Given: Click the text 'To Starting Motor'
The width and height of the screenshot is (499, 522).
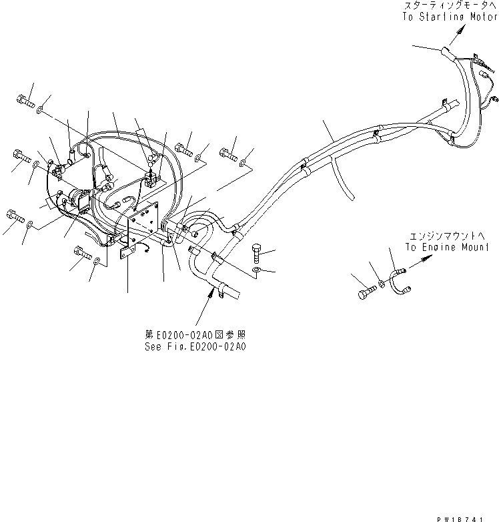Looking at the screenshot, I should point(450,17).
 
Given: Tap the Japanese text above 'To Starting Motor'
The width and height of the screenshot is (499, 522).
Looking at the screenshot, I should point(450,7).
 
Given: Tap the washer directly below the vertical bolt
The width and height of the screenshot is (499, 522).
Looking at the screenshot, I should point(258,270).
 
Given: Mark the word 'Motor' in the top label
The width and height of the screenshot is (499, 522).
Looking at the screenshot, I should point(482,17).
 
